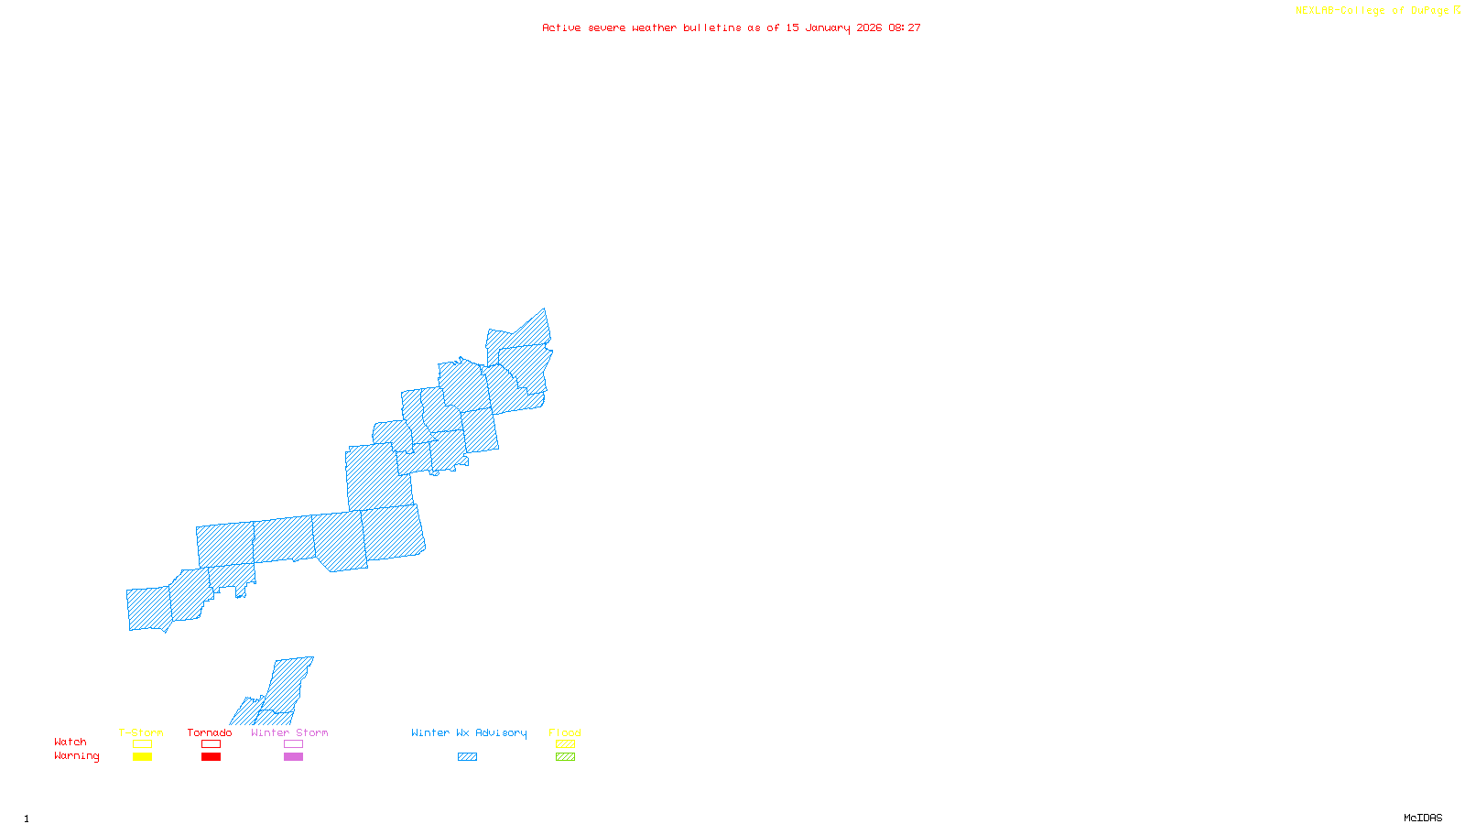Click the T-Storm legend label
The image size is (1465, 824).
tap(141, 732)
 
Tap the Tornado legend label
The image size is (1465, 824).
tap(210, 732)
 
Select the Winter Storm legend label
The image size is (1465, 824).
tap(289, 732)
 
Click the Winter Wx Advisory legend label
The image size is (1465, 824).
tap(469, 732)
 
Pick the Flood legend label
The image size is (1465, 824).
tap(565, 732)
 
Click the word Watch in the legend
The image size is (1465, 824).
tap(71, 742)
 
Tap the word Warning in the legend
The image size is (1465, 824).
tap(77, 756)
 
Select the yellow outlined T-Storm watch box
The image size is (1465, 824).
tap(142, 744)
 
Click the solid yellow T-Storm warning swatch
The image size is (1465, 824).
tap(142, 757)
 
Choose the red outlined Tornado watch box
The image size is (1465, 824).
tap(211, 744)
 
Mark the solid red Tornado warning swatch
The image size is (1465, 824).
tap(211, 757)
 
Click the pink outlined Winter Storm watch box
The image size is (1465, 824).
tap(293, 744)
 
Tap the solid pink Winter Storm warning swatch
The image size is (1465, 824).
tap(293, 757)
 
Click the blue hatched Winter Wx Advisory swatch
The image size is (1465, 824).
tap(467, 757)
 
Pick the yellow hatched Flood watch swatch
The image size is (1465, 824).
tap(565, 744)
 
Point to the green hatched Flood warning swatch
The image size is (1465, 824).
tap(565, 757)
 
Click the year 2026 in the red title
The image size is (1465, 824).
tap(870, 27)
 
